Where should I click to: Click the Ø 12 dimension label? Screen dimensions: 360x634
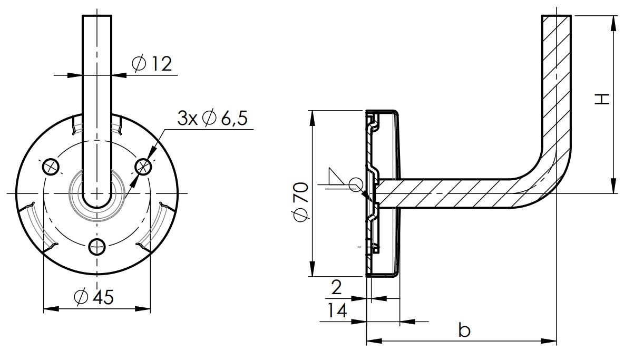152,64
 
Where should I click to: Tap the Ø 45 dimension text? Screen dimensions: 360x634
94,297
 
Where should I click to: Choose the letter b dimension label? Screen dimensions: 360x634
464,331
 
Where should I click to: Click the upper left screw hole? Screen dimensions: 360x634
51,167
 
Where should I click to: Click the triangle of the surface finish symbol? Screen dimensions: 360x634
334,178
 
